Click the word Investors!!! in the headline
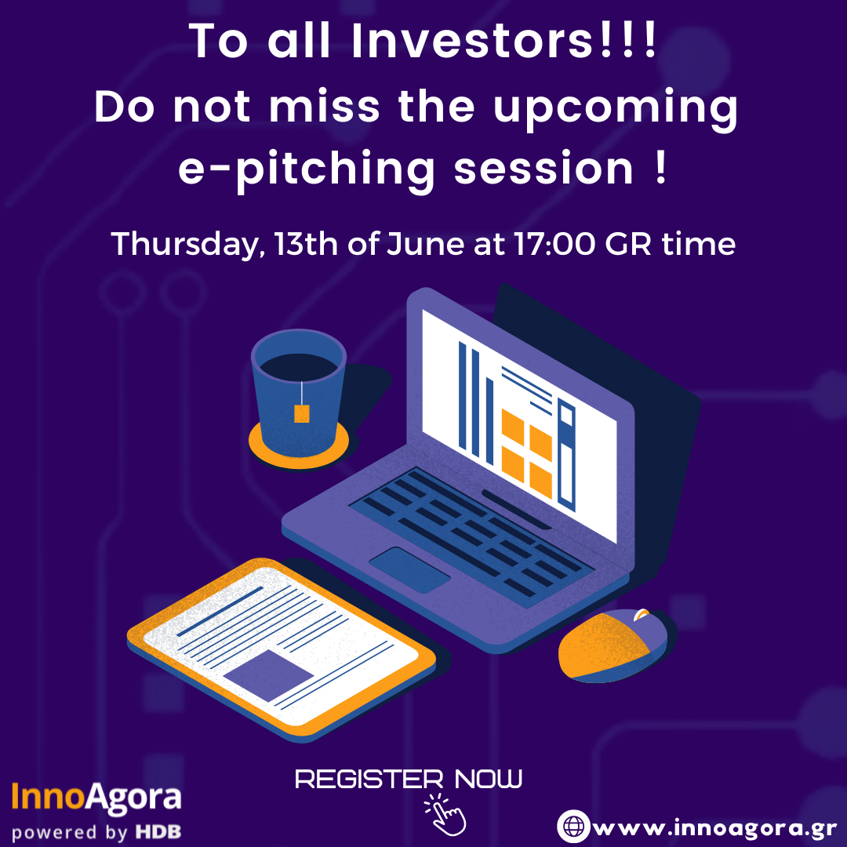click(504, 41)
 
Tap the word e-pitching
click(307, 170)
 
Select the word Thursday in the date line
click(185, 244)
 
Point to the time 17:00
click(554, 244)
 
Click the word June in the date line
click(425, 244)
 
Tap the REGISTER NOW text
click(409, 779)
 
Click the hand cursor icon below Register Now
click(445, 815)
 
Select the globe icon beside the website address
click(573, 826)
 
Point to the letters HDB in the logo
click(158, 832)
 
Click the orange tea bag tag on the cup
click(301, 414)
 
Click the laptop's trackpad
click(409, 570)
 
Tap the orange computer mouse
click(613, 645)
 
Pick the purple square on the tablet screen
click(268, 674)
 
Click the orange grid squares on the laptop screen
click(526, 453)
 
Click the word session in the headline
click(543, 169)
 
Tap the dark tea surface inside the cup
click(299, 367)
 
